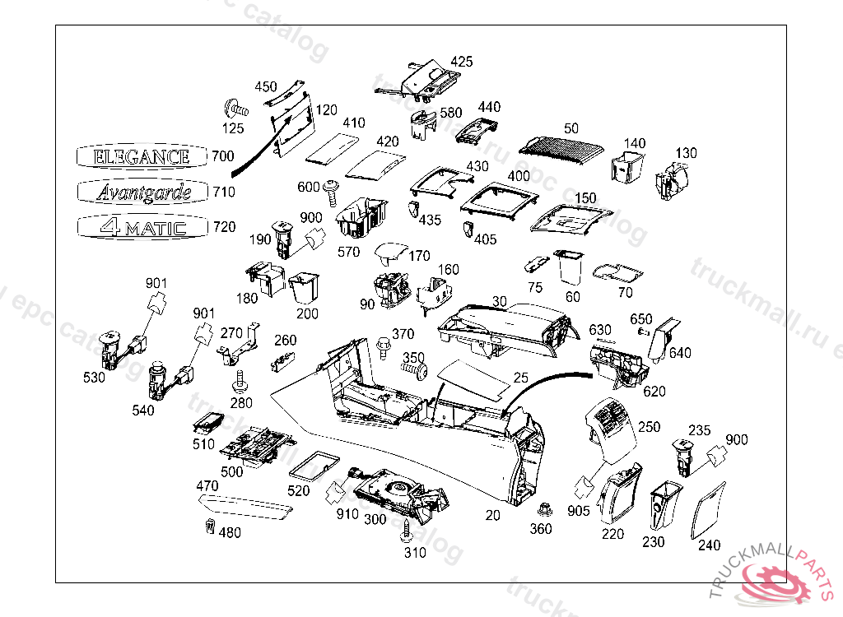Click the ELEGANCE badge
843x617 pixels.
tap(142, 156)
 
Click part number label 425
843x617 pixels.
tap(462, 62)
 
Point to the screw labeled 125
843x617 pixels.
tap(235, 107)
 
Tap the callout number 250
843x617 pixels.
tap(649, 427)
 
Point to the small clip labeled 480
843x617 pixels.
tap(208, 527)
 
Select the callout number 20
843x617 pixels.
tap(492, 515)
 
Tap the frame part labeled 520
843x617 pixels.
tap(312, 464)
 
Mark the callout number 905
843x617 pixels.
tap(579, 510)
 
